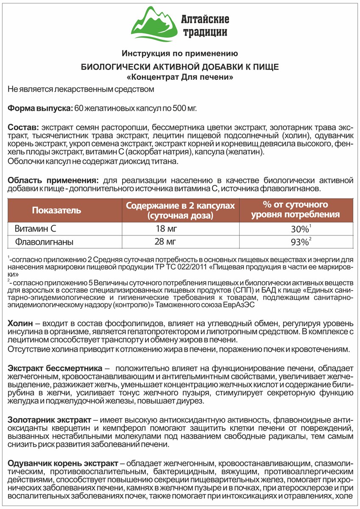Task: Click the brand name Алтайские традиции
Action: click(205, 25)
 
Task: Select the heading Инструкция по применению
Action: click(180, 53)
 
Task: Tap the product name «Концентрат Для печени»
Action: click(180, 78)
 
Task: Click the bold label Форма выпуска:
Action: click(40, 108)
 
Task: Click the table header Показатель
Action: click(56, 210)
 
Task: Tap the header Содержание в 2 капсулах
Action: click(180, 205)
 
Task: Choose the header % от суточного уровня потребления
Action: click(295, 210)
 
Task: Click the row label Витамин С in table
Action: click(36, 229)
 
